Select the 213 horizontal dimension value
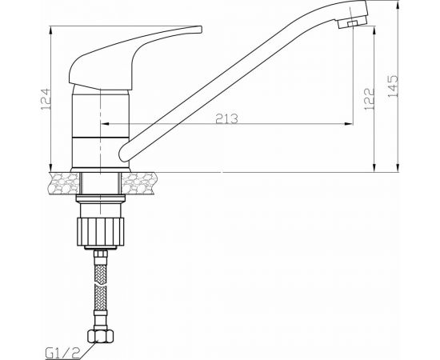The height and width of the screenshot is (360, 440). tap(227, 118)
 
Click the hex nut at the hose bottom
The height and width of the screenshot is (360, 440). tap(101, 334)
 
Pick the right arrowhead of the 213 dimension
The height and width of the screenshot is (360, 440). tap(350, 125)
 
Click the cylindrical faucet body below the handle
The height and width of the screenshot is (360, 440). tap(101, 120)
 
